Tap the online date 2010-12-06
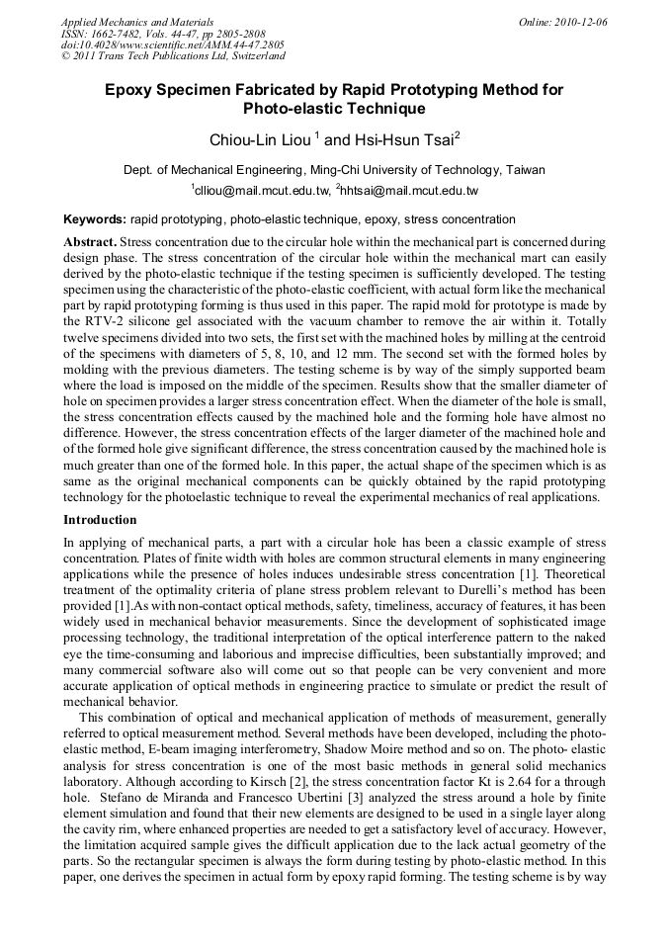pyautogui.click(x=582, y=22)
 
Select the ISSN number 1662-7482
pyautogui.click(x=119, y=34)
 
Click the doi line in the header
pyautogui.click(x=172, y=45)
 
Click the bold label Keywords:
pyautogui.click(x=95, y=219)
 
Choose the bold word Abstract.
pyautogui.click(x=90, y=242)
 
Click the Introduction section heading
pyautogui.click(x=100, y=519)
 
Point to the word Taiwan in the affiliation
pyautogui.click(x=525, y=169)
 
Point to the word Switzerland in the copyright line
pyautogui.click(x=245, y=57)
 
